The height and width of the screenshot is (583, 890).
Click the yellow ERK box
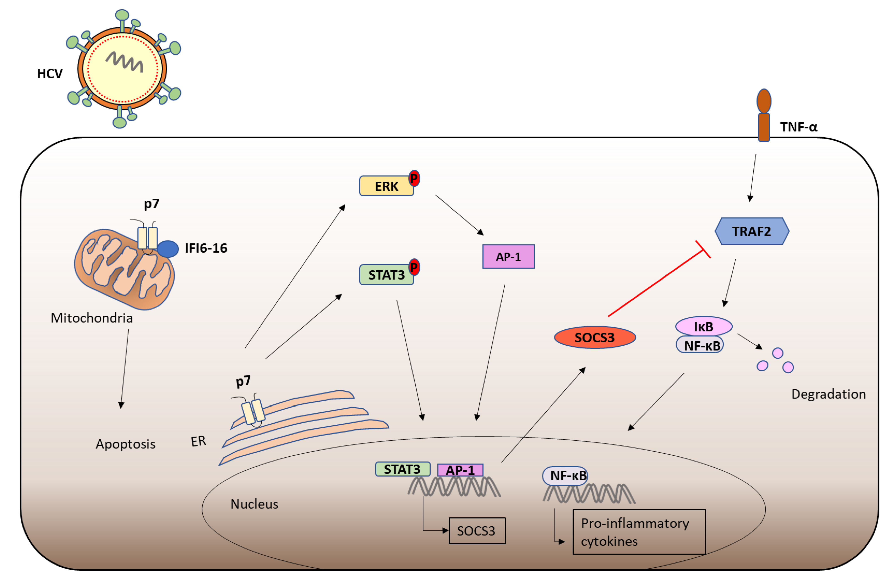[386, 186]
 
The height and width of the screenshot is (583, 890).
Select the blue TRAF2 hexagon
[752, 231]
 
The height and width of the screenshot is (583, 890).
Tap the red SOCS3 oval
[595, 337]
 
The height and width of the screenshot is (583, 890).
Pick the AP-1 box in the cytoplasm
[508, 257]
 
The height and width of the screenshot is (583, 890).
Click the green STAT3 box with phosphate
[386, 275]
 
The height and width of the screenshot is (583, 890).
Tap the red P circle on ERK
[414, 178]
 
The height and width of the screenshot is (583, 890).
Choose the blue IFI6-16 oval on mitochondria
[168, 249]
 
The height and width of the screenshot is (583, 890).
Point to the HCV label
[50, 74]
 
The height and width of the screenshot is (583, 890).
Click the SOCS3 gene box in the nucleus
[477, 531]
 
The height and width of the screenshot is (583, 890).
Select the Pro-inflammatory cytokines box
[639, 532]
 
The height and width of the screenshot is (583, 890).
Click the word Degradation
[828, 394]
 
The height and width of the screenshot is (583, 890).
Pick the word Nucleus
[254, 504]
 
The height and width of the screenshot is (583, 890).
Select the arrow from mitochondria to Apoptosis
[125, 369]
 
